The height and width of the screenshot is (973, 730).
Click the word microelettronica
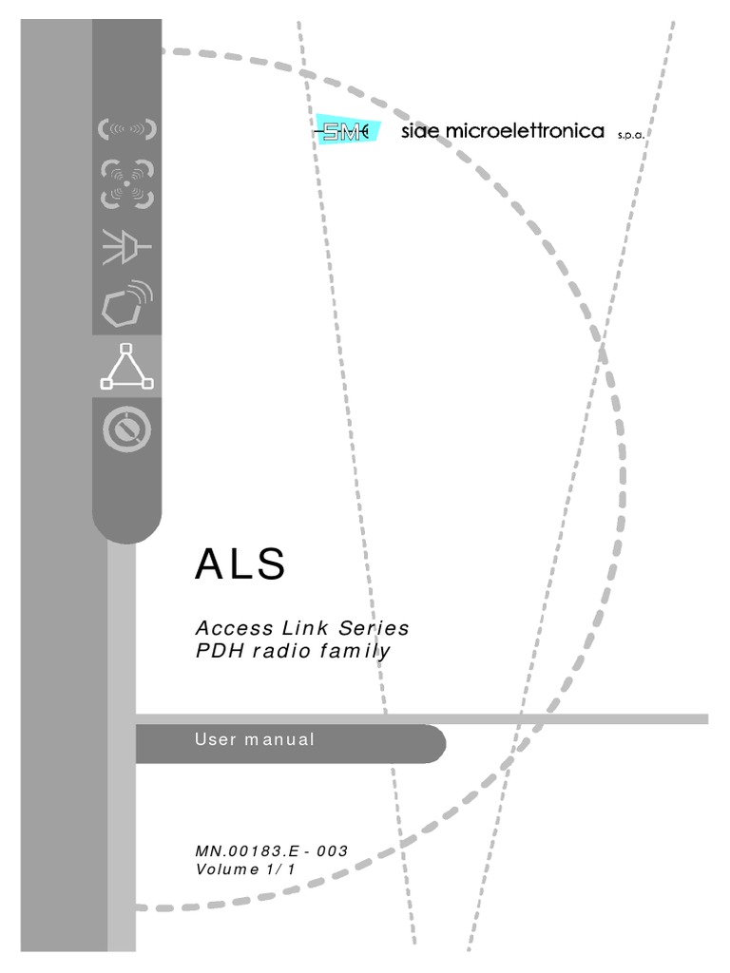point(525,131)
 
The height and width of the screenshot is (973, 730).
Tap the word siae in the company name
point(420,131)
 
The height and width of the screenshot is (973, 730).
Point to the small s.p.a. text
point(631,135)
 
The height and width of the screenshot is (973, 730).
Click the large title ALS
point(240,563)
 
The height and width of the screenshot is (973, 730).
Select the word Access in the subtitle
point(234,628)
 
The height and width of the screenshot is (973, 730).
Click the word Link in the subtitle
point(305,628)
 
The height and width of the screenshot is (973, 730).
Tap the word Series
point(374,628)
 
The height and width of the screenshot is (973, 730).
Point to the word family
point(355,652)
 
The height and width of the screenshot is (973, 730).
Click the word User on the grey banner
point(216,739)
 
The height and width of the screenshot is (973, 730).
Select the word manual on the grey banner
point(280,739)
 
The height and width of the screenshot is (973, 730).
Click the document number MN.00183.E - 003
point(271,850)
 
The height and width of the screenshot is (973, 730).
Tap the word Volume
point(227,869)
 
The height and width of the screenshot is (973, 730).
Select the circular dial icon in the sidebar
point(126,429)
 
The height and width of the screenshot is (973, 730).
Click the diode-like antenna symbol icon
point(126,247)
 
